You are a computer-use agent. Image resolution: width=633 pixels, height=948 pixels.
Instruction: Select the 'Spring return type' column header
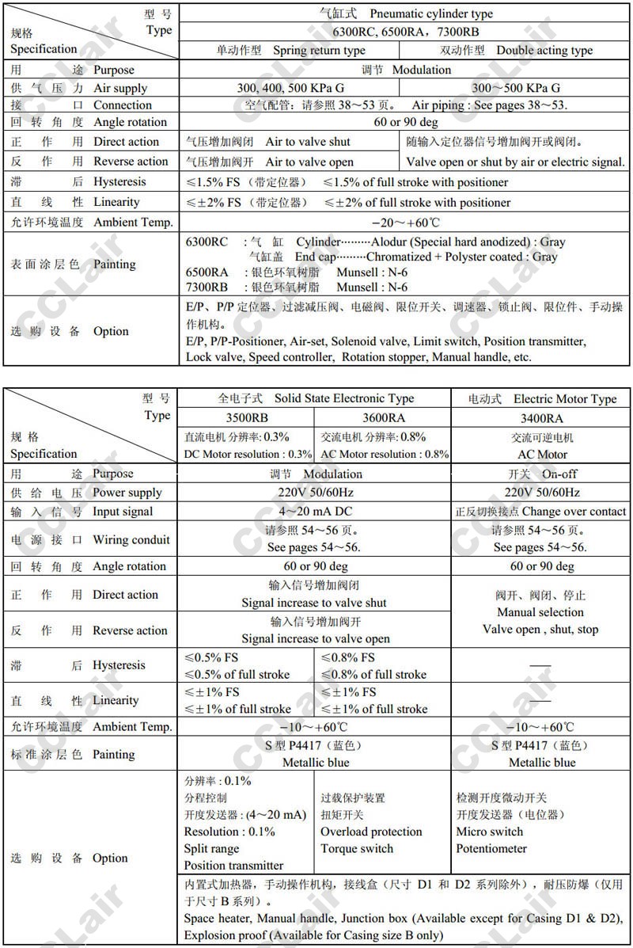coord(319,50)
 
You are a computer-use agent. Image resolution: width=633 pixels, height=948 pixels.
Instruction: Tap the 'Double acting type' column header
coord(544,50)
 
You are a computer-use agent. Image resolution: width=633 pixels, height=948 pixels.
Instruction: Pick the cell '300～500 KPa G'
coord(516,88)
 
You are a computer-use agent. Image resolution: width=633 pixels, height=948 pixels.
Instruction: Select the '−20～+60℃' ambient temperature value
coord(404,223)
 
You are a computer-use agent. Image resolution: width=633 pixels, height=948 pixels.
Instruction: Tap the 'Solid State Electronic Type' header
coord(344,398)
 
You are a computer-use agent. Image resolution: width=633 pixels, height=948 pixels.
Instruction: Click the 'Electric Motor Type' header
coord(565,398)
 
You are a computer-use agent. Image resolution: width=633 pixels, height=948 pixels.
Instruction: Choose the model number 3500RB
coord(247,417)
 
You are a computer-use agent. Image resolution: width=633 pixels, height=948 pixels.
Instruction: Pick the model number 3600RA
coord(383,417)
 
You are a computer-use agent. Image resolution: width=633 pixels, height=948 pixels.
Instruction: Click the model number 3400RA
coord(541,417)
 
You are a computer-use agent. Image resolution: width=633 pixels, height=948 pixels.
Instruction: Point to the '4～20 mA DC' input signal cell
coord(314,511)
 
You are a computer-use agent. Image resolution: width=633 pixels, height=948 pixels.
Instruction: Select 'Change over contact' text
coord(574,512)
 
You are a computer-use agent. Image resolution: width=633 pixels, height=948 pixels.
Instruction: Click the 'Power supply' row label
coord(127,492)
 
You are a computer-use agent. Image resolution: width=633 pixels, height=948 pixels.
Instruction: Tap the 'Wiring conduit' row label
coord(131,540)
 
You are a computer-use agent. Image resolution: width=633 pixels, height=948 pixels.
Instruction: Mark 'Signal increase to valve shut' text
coord(314,603)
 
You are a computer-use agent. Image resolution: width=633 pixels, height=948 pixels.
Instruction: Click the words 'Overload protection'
coord(371,832)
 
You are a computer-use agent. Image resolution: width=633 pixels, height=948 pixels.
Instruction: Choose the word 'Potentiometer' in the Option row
coord(491,848)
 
